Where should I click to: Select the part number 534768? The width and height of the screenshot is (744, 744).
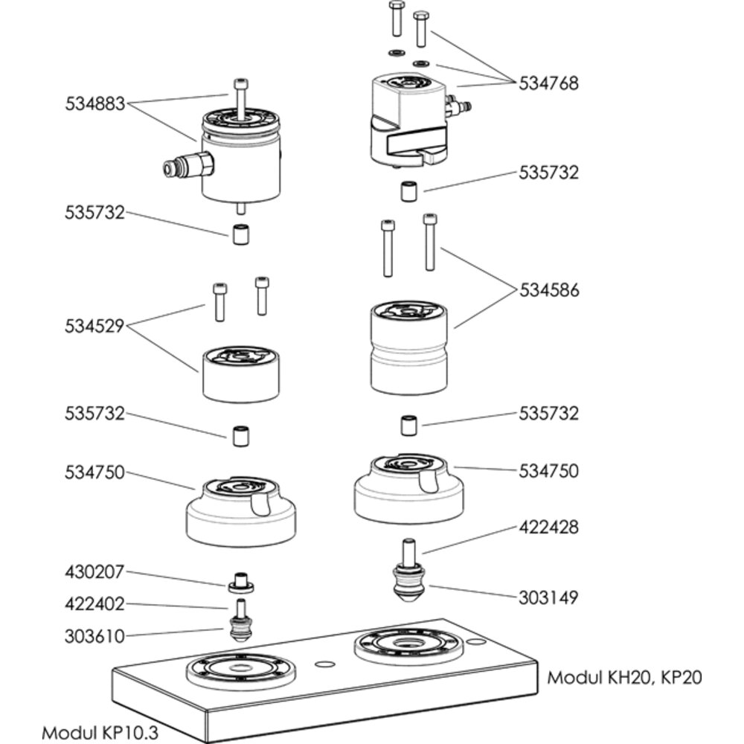pyautogui.click(x=548, y=82)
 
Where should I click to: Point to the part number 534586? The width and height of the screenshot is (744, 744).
pyautogui.click(x=548, y=289)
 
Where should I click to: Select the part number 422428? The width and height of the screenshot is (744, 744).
pyautogui.click(x=548, y=527)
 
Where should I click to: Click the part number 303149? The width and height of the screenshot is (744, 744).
pyautogui.click(x=548, y=597)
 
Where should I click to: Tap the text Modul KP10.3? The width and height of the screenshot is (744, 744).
pyautogui.click(x=99, y=731)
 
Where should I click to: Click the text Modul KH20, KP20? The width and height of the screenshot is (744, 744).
pyautogui.click(x=624, y=678)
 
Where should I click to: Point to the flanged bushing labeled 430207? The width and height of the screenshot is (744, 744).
pyautogui.click(x=241, y=583)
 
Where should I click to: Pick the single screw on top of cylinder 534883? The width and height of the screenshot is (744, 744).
pyautogui.click(x=240, y=97)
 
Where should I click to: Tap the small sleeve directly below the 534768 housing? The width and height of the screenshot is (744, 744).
pyautogui.click(x=408, y=192)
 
